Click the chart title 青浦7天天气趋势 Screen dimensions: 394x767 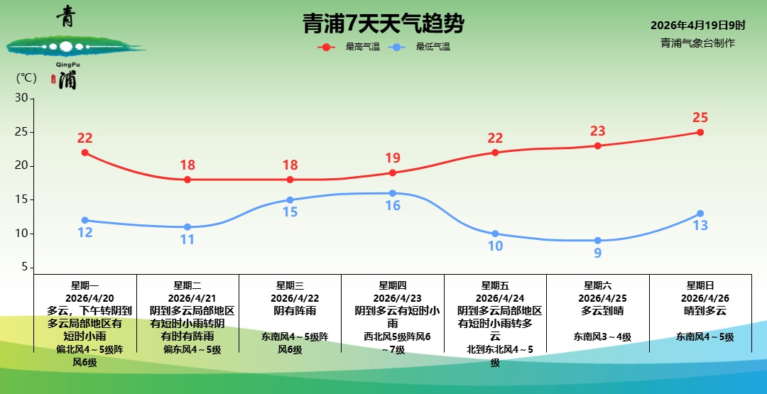tap(383, 24)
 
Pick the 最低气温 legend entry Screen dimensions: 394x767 tap(433, 47)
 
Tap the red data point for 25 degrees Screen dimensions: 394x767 tap(700, 132)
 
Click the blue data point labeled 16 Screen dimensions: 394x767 tap(393, 193)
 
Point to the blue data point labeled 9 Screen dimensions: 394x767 tap(597, 241)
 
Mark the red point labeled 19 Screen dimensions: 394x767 tap(393, 173)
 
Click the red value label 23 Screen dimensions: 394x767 tap(597, 131)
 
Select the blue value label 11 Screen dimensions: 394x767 tap(187, 240)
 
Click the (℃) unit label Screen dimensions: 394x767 tap(26, 78)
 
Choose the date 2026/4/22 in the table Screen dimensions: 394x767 tap(290, 298)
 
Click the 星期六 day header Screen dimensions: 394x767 tap(597, 285)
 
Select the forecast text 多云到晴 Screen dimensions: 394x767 tap(597, 311)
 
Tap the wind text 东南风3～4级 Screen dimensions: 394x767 tap(597, 337)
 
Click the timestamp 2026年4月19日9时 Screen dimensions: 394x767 tap(698, 26)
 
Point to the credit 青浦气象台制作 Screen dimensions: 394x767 tap(697, 43)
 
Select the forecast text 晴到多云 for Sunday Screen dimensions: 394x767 tap(700, 311)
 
